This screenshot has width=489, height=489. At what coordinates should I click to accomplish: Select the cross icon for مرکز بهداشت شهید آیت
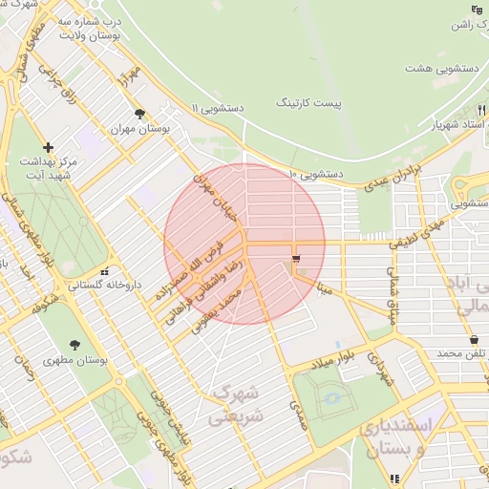(x=49, y=147)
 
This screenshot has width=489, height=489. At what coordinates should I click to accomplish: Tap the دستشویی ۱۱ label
(x=217, y=109)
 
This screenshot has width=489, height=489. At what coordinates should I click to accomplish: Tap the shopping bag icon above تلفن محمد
(x=474, y=340)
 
